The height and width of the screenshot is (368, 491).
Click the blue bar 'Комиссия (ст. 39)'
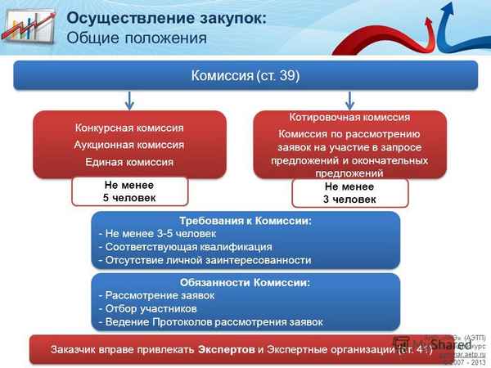(245, 76)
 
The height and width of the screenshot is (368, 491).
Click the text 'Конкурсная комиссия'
(128, 128)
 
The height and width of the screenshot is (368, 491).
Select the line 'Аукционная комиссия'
(128, 145)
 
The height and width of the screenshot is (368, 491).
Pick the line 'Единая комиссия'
(128, 162)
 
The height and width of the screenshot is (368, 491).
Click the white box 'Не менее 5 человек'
(130, 191)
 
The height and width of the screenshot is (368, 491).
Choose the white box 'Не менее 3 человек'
(350, 193)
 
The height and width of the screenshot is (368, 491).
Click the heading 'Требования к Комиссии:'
(245, 221)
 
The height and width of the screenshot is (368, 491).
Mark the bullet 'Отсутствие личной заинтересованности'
(205, 260)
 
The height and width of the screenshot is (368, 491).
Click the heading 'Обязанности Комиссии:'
(245, 282)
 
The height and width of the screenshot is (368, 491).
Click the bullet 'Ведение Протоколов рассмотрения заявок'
(209, 321)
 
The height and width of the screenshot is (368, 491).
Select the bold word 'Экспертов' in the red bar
(226, 349)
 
